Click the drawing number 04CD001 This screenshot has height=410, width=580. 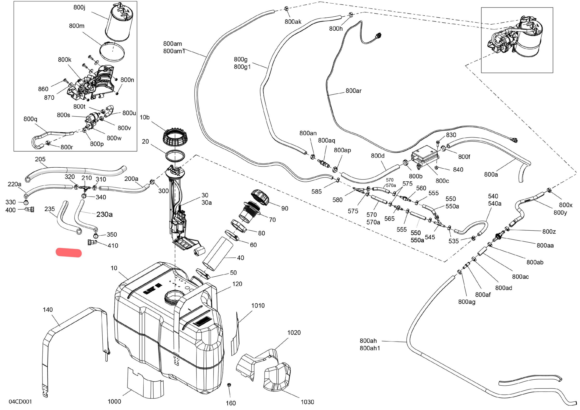tap(21, 402)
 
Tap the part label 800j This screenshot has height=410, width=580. tap(79, 7)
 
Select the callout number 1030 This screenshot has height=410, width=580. tap(307, 402)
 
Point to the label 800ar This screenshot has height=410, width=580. tap(353, 91)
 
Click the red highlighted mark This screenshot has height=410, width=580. tap(69, 253)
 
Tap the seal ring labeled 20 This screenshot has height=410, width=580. tap(175, 156)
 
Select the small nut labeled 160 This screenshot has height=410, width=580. tap(229, 385)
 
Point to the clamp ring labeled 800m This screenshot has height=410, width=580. tap(112, 52)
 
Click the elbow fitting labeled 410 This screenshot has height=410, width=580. tap(92, 243)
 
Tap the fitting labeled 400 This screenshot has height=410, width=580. tap(30, 209)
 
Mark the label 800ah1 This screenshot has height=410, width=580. tap(370, 348)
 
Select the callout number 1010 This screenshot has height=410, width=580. tap(258, 306)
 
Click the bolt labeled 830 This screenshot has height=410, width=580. tap(438, 144)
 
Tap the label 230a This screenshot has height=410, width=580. tap(104, 214)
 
